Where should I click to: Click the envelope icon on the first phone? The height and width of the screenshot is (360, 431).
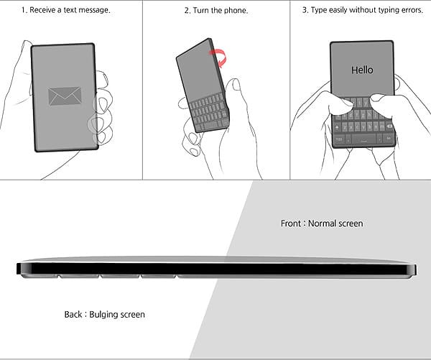pyautogui.click(x=65, y=96)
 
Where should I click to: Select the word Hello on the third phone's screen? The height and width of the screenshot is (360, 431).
pyautogui.click(x=362, y=70)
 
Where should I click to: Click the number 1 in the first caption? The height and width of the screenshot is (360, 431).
pyautogui.click(x=24, y=10)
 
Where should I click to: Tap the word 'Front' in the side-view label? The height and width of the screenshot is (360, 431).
pyautogui.click(x=291, y=223)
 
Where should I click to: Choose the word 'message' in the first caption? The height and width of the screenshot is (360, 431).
pyautogui.click(x=93, y=10)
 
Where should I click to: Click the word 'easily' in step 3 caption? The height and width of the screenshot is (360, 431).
pyautogui.click(x=342, y=10)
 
